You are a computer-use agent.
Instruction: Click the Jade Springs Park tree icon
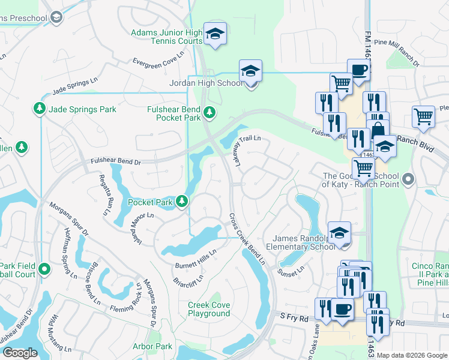(x=39, y=109)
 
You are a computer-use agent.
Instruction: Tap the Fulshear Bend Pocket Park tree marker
(x=209, y=111)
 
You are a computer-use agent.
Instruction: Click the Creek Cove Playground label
(x=209, y=309)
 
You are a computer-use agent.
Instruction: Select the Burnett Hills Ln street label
(x=195, y=259)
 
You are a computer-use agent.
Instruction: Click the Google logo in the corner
(x=20, y=353)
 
